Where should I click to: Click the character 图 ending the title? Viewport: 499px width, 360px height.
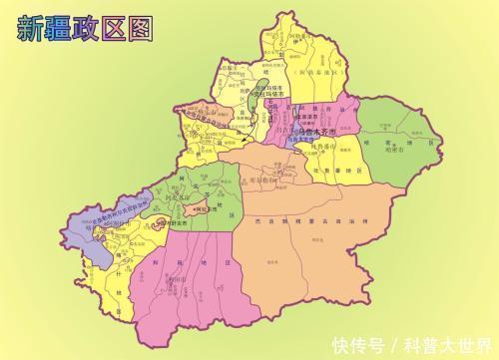pyautogui.click(x=141, y=28)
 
